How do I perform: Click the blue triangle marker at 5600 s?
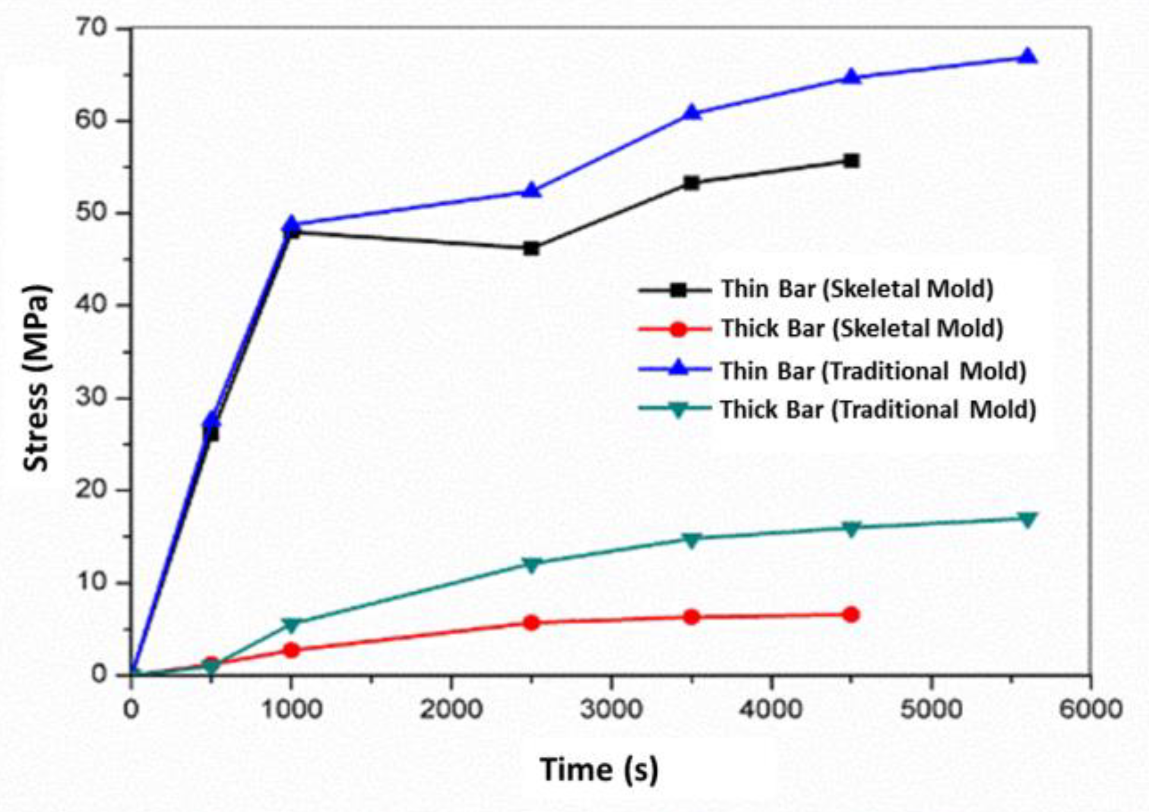(x=1028, y=57)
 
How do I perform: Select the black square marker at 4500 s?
(x=851, y=160)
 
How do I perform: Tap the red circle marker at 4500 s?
(x=851, y=615)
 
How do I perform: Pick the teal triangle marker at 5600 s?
(x=1028, y=520)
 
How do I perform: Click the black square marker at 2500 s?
(x=531, y=248)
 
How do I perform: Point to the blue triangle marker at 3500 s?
(x=691, y=112)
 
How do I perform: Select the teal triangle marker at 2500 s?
(x=531, y=564)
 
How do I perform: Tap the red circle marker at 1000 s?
(x=291, y=650)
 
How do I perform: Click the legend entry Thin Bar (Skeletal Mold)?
(x=857, y=289)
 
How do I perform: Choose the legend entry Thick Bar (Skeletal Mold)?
(x=862, y=328)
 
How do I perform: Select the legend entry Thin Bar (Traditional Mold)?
(x=873, y=371)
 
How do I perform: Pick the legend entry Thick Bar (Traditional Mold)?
(x=878, y=410)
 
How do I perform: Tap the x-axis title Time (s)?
(x=599, y=770)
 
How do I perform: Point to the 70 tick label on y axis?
(x=91, y=28)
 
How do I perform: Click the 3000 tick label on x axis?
(x=611, y=709)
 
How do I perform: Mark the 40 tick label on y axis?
(x=91, y=305)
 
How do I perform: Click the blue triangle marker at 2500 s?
(x=531, y=190)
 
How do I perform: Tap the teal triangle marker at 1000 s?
(x=291, y=625)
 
